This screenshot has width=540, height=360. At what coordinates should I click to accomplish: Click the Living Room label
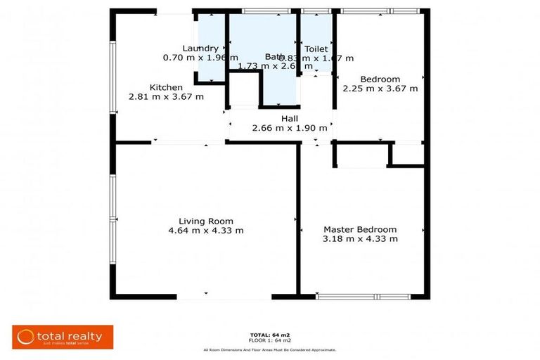pos(205,221)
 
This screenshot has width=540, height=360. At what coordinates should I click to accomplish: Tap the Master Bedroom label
pos(359,229)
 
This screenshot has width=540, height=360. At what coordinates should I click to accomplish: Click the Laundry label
pos(195,49)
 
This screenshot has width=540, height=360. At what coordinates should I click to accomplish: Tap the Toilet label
pos(316,49)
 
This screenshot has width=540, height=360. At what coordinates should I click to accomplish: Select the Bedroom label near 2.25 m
pos(380,79)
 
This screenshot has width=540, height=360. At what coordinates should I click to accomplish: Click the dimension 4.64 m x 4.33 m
pos(205,231)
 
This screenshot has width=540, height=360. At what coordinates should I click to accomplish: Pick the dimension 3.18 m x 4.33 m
pos(359,239)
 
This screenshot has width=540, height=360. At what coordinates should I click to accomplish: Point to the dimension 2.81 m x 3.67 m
pos(166,97)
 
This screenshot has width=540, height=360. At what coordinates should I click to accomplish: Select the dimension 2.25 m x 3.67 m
pos(380,89)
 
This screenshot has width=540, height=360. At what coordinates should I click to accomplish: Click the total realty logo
pos(63,337)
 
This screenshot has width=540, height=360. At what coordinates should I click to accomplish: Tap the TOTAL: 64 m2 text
pos(269,334)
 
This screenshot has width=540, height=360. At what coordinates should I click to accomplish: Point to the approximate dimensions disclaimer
pos(269,349)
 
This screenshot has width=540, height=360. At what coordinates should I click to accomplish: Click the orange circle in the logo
pos(26,337)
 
